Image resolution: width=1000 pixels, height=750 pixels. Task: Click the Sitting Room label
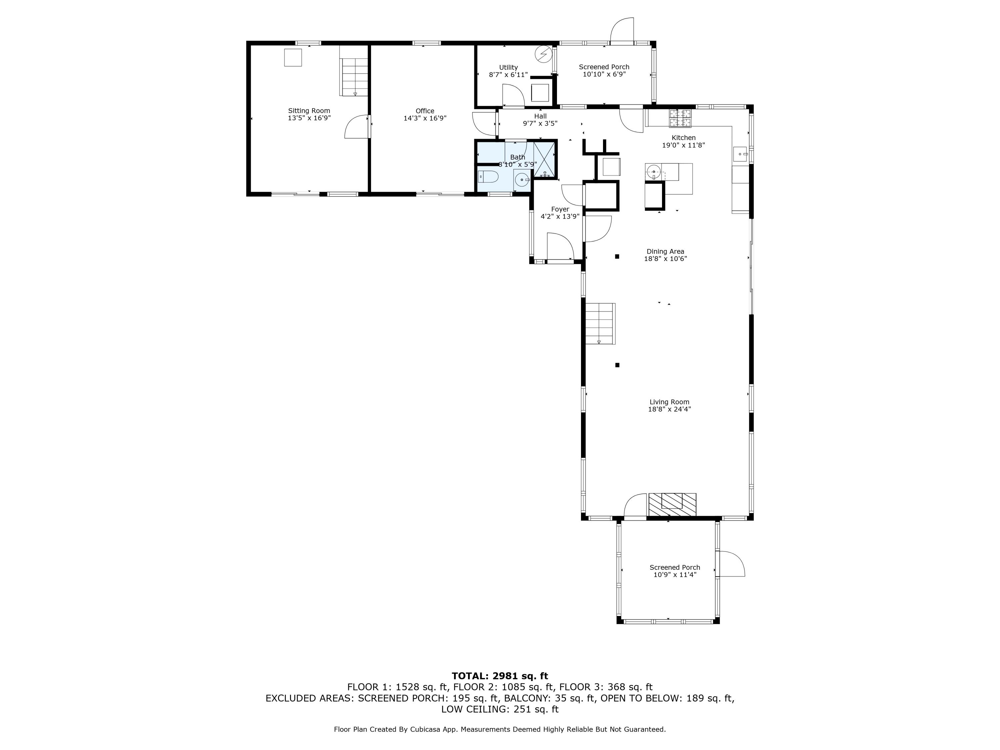[309, 111]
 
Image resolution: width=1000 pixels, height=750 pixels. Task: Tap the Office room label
[425, 111]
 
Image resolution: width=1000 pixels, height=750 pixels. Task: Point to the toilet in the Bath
[488, 176]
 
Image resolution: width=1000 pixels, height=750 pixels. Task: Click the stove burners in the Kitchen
[680, 118]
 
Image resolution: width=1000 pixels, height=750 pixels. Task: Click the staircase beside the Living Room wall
[600, 324]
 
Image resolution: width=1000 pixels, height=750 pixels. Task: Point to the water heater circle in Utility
[543, 55]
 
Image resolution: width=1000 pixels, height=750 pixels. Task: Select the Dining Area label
[665, 251]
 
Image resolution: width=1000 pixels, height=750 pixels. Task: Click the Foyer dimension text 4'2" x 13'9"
[560, 217]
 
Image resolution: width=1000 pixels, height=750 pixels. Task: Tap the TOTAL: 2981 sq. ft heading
[500, 676]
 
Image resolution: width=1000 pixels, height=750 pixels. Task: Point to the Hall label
[541, 116]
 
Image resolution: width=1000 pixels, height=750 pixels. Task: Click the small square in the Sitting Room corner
[293, 57]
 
